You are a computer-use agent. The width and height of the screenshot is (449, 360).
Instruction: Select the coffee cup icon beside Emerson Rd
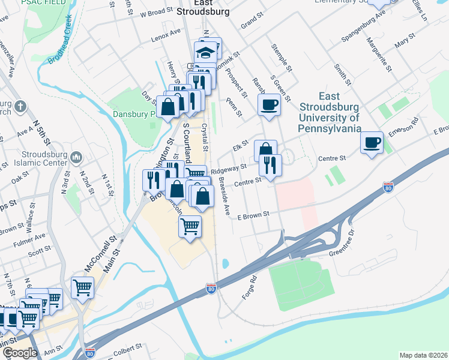click(x=372, y=142)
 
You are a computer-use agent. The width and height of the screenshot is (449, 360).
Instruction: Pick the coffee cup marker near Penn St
click(x=268, y=105)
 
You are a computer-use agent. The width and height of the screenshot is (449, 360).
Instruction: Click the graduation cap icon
click(x=207, y=52)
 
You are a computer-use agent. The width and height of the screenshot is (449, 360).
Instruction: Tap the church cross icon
click(x=20, y=107)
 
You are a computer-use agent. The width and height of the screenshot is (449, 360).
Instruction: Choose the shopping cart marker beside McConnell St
click(x=82, y=287)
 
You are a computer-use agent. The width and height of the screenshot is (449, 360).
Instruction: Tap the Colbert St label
click(x=125, y=346)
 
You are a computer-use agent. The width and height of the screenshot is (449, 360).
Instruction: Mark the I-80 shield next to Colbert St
click(x=91, y=353)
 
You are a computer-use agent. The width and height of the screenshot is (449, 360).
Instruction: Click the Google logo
click(x=19, y=353)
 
